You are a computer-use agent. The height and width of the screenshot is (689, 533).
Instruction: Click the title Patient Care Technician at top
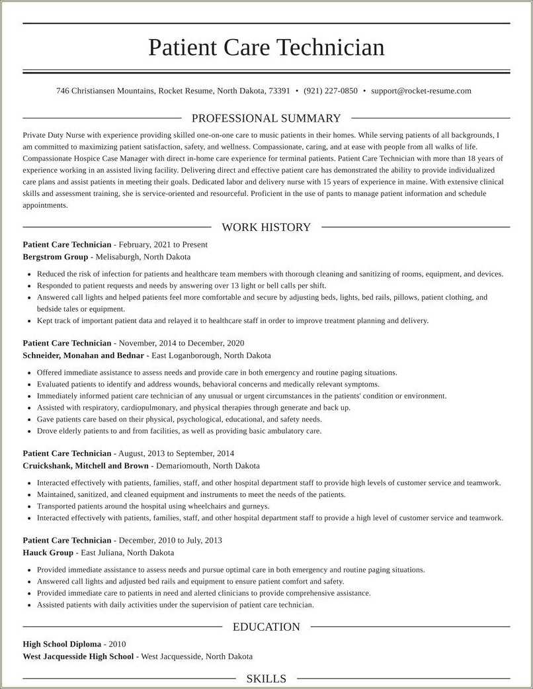point(266,48)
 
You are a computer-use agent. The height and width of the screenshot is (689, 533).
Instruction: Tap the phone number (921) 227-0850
point(331,91)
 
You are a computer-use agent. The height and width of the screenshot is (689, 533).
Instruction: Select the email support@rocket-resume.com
point(421,91)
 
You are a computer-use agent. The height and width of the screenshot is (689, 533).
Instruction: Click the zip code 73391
point(278,91)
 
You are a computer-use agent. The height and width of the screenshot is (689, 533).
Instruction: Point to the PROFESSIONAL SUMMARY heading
point(266,118)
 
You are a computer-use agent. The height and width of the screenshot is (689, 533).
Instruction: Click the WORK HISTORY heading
point(266,227)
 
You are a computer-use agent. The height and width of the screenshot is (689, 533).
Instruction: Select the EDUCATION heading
point(266,627)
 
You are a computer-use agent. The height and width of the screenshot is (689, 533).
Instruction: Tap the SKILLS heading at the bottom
point(266,678)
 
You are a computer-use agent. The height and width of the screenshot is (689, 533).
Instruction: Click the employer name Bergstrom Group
point(55,257)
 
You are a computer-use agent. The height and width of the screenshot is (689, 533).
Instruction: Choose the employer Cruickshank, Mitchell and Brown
point(85,466)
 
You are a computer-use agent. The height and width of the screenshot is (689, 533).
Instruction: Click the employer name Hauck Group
point(48,553)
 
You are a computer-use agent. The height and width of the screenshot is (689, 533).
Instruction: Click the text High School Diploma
point(61,644)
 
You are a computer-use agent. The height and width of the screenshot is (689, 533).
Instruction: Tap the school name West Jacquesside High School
point(78,657)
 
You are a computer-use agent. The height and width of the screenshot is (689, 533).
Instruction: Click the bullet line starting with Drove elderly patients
point(179,431)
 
